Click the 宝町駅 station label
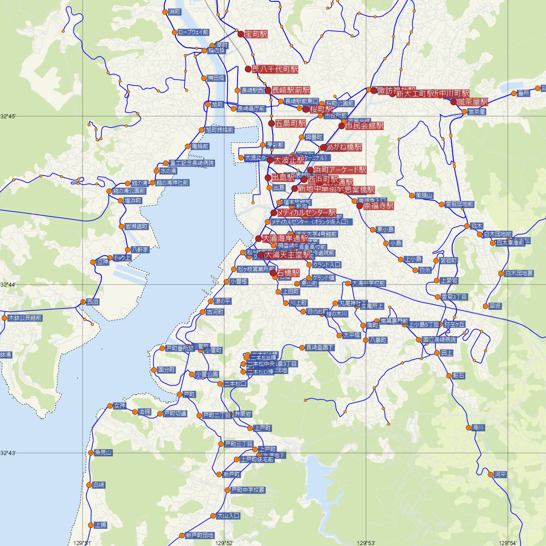[256, 34]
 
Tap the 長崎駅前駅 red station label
[291, 90]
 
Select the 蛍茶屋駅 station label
[473, 102]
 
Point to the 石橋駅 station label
[288, 273]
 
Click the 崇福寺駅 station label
[379, 206]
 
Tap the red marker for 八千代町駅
[248, 69]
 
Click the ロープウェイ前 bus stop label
[193, 32]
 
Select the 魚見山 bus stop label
[103, 453]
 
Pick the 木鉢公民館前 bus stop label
[25, 318]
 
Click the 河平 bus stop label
[500, 475]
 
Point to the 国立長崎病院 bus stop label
[439, 340]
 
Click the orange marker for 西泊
[83, 302]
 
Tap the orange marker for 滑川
[469, 428]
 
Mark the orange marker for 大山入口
[213, 516]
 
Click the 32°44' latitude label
[8, 285]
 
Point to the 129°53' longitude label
[366, 542]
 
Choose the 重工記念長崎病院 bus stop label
[192, 163]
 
